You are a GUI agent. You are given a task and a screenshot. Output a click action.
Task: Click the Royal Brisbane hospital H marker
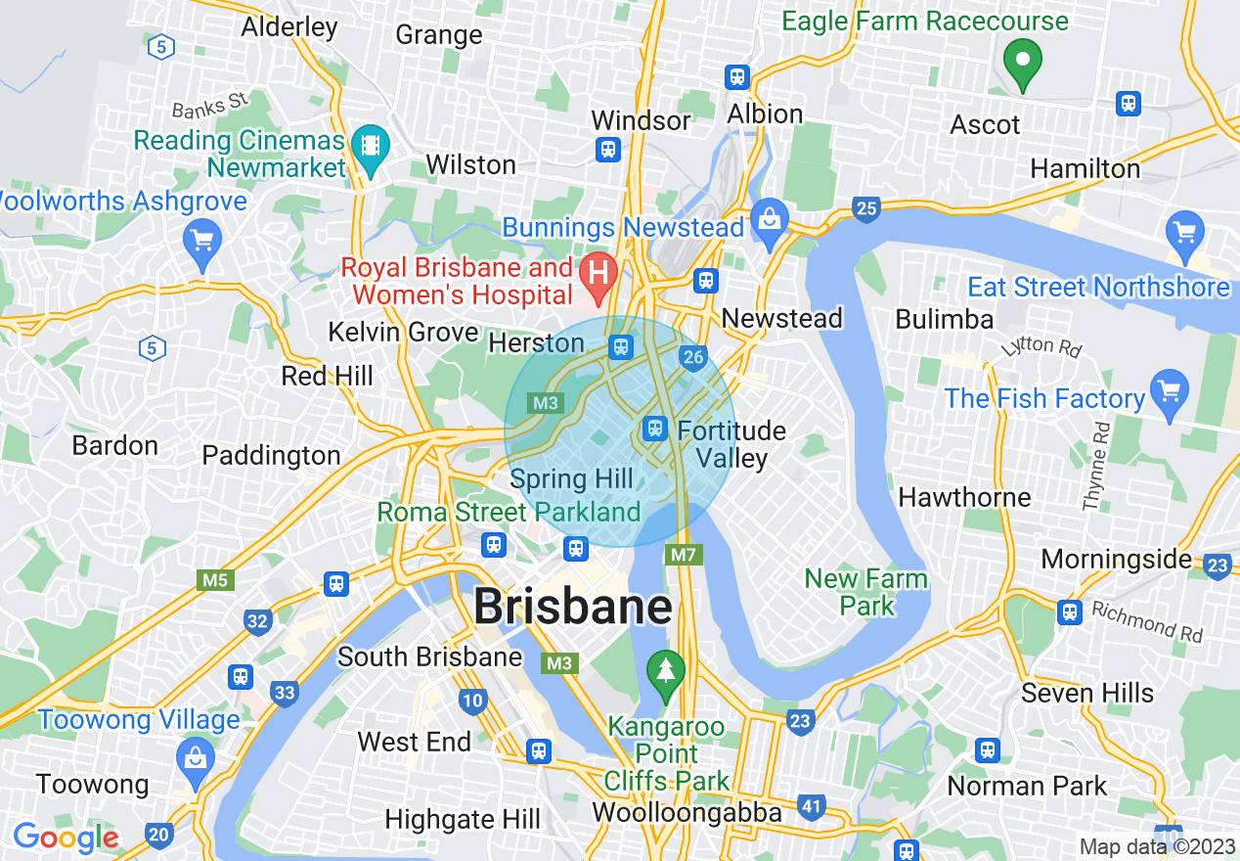[x=597, y=270]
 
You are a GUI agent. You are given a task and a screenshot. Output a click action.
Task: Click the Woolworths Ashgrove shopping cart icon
[x=202, y=240]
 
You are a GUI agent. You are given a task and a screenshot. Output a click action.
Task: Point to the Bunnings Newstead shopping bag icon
[x=771, y=217]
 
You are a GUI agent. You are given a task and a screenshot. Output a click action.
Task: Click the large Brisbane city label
[x=573, y=607]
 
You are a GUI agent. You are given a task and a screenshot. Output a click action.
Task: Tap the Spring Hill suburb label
[x=572, y=479]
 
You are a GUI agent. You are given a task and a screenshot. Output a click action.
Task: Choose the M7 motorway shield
[x=684, y=556]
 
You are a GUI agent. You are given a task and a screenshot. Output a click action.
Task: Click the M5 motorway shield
[x=215, y=580]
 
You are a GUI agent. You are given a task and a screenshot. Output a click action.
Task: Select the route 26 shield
[x=693, y=357]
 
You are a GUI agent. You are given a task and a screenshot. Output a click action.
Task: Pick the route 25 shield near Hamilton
[x=865, y=207]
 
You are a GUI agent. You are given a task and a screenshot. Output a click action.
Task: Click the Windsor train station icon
[x=608, y=149]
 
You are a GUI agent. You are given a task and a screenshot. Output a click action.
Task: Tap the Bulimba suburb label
[x=945, y=319]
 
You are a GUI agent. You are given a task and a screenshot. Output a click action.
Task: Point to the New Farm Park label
[x=865, y=592]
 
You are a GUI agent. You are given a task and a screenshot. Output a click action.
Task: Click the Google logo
[x=66, y=838]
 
